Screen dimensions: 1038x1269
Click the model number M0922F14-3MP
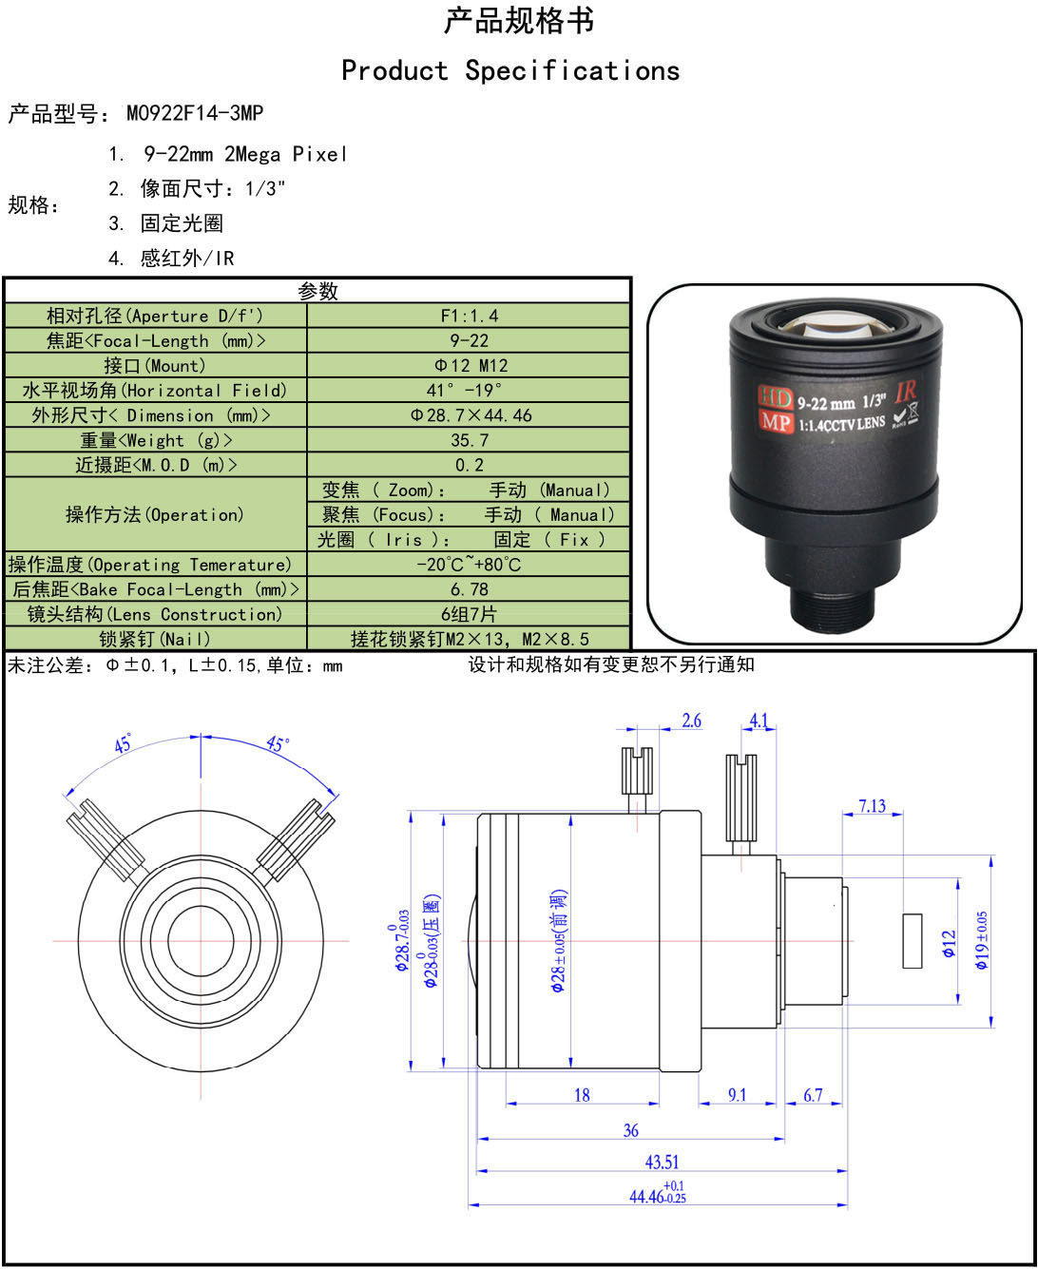point(194,113)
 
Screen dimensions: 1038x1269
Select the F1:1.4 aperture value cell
point(469,316)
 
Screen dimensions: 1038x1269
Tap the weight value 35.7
point(470,440)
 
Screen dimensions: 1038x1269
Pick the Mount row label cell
point(155,365)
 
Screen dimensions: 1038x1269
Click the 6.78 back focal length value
point(470,589)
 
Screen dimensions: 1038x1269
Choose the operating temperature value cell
point(469,565)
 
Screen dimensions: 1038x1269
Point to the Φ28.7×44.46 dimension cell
point(469,415)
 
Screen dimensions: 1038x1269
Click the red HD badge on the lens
point(775,396)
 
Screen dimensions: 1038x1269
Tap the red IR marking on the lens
point(906,391)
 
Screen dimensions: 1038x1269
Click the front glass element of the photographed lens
point(837,327)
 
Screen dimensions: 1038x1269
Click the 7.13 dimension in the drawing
point(872,806)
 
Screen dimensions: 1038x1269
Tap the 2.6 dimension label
point(691,721)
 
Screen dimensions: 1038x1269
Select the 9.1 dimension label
point(737,1094)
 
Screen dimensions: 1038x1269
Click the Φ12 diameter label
point(949,944)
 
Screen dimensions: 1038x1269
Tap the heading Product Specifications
point(510,70)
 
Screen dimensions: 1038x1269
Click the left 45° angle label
point(123,743)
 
